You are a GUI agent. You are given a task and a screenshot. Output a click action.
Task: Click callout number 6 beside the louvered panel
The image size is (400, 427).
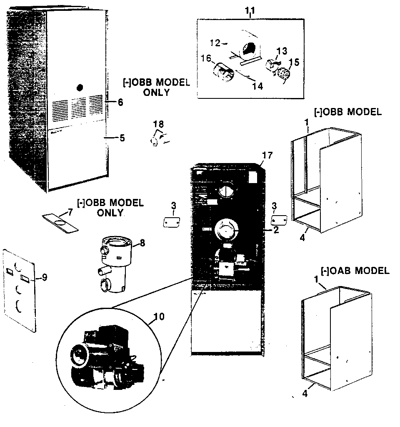tap(120, 102)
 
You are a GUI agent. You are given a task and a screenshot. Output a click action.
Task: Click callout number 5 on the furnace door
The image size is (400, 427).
tap(122, 138)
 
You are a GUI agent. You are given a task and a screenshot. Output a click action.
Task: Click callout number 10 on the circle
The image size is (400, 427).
tap(158, 316)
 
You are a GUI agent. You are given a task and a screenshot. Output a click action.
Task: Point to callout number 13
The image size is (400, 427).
tap(282, 51)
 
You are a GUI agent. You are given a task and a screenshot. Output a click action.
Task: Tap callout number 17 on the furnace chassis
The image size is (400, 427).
tap(267, 156)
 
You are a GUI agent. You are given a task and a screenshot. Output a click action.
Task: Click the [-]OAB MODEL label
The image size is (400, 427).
tap(355, 271)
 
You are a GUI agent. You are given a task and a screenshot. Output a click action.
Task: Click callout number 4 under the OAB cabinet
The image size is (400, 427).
tap(305, 393)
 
